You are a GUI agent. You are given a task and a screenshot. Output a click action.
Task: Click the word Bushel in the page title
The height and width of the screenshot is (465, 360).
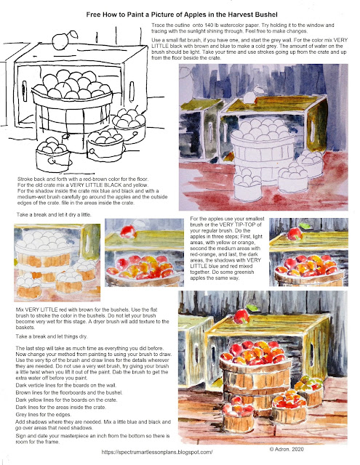(266, 15)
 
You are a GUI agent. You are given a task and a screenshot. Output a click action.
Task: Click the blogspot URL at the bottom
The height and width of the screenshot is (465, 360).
(157, 452)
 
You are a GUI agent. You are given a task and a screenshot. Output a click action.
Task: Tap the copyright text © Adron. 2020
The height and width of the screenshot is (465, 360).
(287, 449)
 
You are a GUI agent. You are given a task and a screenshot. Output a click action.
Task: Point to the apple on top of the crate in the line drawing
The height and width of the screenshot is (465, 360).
(61, 41)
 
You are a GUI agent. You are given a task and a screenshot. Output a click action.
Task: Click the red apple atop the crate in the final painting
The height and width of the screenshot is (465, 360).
(241, 317)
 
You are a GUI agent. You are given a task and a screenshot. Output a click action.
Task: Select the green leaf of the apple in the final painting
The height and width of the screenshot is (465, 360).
(252, 308)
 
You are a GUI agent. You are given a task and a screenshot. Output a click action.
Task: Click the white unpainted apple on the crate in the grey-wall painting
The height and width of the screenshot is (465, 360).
(249, 97)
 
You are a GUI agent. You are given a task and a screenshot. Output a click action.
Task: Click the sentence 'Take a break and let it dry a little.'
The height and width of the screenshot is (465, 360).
(54, 214)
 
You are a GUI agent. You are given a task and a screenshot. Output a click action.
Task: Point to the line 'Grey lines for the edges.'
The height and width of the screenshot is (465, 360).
(44, 414)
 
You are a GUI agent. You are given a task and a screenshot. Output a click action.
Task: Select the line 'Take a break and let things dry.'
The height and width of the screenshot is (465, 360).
(52, 336)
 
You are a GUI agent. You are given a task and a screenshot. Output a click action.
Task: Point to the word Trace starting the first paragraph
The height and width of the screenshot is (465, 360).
(157, 25)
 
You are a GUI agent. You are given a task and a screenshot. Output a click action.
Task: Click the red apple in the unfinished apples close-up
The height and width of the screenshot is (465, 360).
(129, 232)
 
